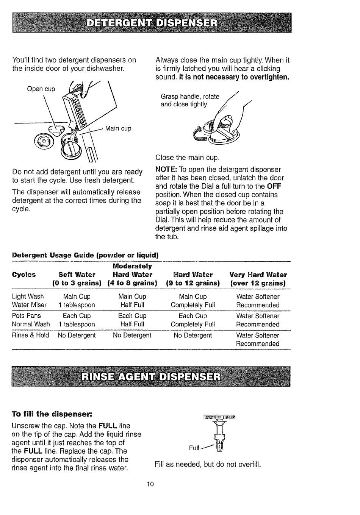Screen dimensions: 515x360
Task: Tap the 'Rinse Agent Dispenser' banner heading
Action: click(x=151, y=377)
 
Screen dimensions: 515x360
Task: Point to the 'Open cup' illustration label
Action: click(x=41, y=89)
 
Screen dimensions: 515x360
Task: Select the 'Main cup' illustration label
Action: click(x=118, y=128)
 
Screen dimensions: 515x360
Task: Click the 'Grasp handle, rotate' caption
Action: click(x=190, y=97)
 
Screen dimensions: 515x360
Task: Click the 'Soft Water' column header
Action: click(x=77, y=275)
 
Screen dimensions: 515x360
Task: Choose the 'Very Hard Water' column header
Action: click(x=258, y=275)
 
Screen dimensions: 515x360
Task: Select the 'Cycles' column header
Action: click(x=24, y=275)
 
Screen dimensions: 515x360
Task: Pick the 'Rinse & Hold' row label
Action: click(x=31, y=335)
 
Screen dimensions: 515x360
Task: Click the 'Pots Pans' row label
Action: click(x=27, y=316)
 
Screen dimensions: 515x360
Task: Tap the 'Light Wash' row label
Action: click(x=28, y=297)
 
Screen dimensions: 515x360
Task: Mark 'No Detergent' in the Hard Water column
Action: click(x=193, y=335)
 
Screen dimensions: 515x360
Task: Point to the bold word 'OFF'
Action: click(x=274, y=186)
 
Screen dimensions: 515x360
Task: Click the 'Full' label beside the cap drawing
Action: click(x=194, y=448)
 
